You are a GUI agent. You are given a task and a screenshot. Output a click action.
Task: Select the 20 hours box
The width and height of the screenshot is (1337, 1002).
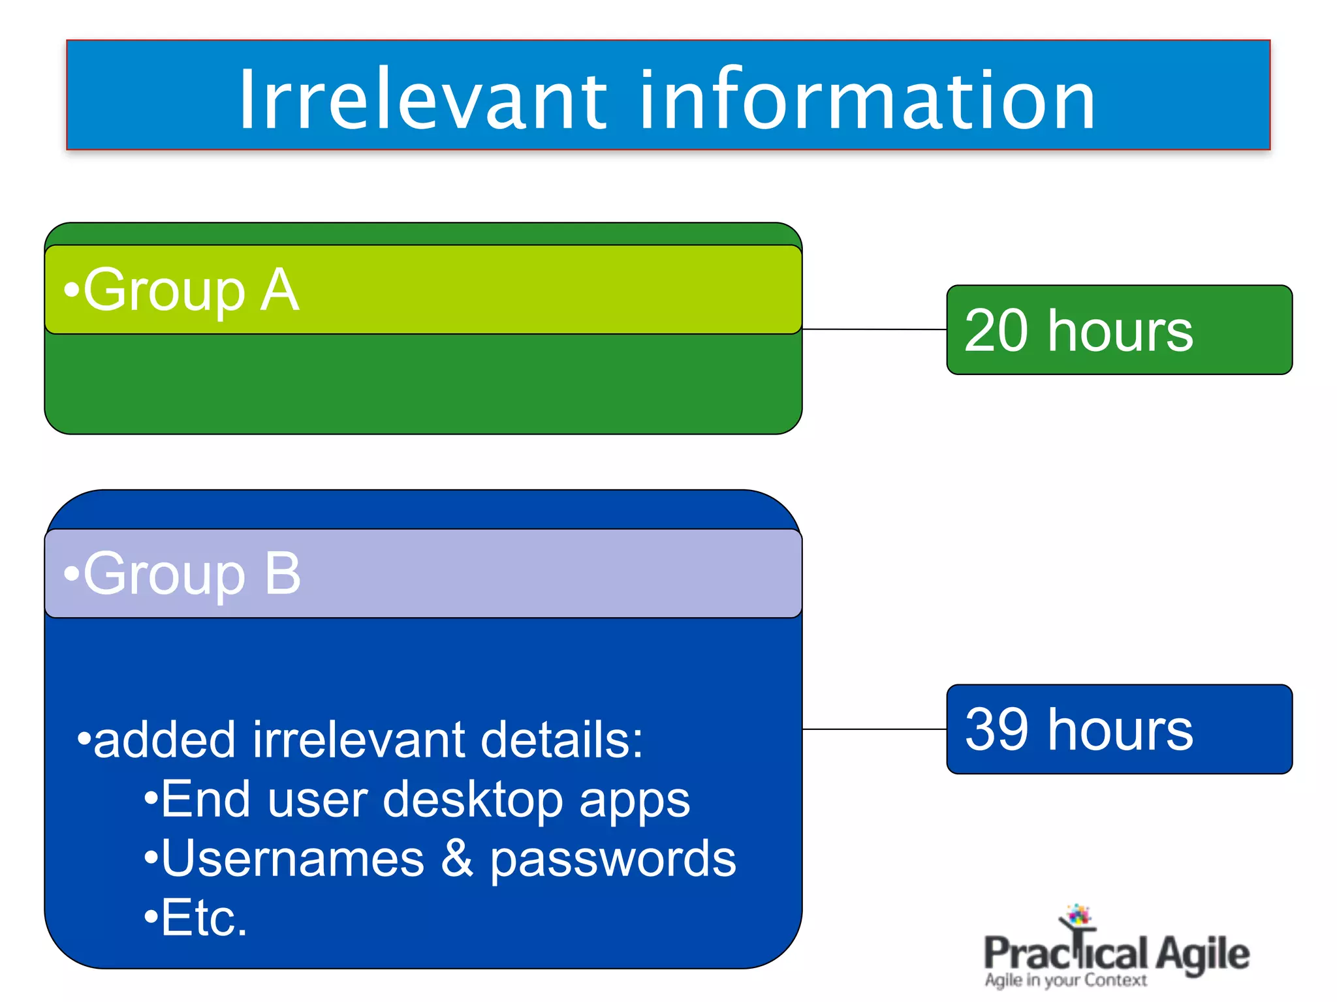pyautogui.click(x=1119, y=330)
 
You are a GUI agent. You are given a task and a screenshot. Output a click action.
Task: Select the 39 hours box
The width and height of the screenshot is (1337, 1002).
pyautogui.click(x=1119, y=729)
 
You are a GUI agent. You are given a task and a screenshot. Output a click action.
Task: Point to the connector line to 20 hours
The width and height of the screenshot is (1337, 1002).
pyautogui.click(x=875, y=329)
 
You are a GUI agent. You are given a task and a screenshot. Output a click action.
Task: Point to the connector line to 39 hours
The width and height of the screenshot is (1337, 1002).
pyautogui.click(x=875, y=729)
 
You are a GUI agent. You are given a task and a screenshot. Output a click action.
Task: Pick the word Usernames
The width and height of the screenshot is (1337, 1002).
pyautogui.click(x=292, y=858)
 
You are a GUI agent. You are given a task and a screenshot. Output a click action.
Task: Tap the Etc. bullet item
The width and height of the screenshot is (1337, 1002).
pyautogui.click(x=196, y=918)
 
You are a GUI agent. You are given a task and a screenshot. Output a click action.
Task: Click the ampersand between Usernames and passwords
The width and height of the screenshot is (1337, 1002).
pyautogui.click(x=457, y=858)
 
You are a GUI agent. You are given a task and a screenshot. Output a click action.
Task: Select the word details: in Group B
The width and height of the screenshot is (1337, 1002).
pyautogui.click(x=561, y=740)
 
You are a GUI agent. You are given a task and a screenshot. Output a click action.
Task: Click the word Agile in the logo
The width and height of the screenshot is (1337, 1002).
pyautogui.click(x=1203, y=954)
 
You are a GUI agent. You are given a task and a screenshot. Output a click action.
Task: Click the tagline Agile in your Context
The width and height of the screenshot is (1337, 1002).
pyautogui.click(x=1065, y=980)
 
